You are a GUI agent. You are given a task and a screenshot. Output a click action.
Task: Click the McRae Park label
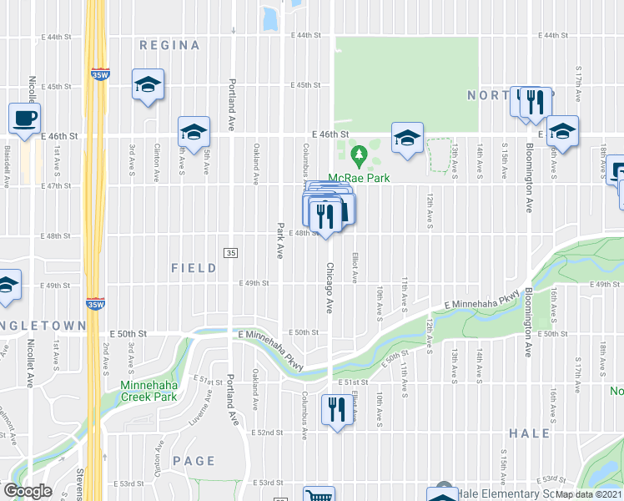pyautogui.click(x=360, y=177)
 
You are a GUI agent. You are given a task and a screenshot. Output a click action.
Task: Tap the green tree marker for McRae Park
pyautogui.click(x=360, y=154)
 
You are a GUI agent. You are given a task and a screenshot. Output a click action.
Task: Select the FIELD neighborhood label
pyautogui.click(x=194, y=268)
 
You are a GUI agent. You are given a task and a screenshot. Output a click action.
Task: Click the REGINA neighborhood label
pyautogui.click(x=169, y=45)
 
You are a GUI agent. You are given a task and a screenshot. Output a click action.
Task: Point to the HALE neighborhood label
pyautogui.click(x=529, y=433)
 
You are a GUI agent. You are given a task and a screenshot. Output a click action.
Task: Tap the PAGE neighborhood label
pyautogui.click(x=194, y=461)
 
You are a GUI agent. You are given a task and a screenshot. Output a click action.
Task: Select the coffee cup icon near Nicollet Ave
pyautogui.click(x=24, y=118)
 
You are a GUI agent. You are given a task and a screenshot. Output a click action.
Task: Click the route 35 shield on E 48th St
pyautogui.click(x=231, y=253)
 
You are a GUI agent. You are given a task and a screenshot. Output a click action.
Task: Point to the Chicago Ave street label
pyautogui.click(x=329, y=288)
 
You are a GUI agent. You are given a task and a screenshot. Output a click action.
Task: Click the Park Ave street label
pyautogui.click(x=281, y=240)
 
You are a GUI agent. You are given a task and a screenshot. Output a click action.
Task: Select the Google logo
pyautogui.click(x=27, y=491)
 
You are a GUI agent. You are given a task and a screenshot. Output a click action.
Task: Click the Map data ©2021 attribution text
pyautogui.click(x=589, y=494)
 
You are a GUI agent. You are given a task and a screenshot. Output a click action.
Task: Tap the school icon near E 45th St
pyautogui.click(x=148, y=84)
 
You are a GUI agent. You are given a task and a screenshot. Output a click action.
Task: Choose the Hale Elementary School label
pyautogui.click(x=501, y=494)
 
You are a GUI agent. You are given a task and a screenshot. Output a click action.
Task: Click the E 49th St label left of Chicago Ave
pyautogui.click(x=255, y=284)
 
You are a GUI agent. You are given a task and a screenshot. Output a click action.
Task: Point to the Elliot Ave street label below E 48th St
pyautogui.click(x=355, y=266)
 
